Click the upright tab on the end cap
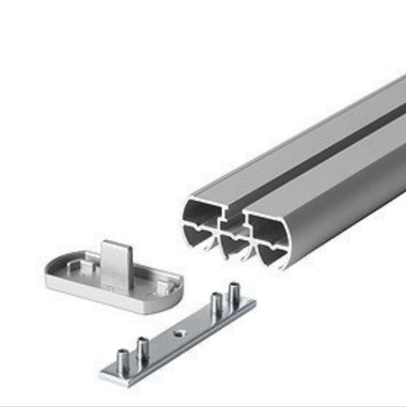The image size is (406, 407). pos(114,260)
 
